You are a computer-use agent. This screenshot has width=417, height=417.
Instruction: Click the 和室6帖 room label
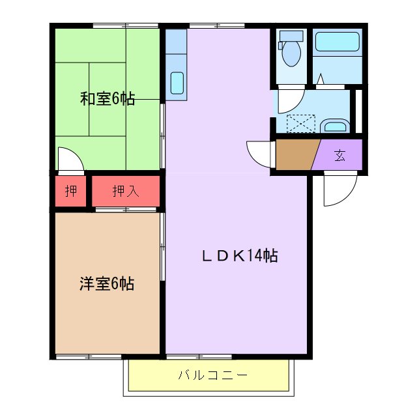(108, 99)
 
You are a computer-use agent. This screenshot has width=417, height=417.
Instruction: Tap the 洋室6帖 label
(108, 284)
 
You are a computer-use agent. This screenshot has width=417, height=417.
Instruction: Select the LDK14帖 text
(238, 256)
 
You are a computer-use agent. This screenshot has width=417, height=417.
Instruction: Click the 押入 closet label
(126, 192)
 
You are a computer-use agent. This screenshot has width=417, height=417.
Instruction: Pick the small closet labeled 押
(70, 192)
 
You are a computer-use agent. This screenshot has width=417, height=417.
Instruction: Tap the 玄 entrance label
(340, 156)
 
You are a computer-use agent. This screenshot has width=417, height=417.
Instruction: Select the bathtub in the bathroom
(338, 44)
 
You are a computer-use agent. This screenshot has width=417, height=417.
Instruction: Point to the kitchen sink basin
(177, 83)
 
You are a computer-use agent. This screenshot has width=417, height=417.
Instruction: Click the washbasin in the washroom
(336, 126)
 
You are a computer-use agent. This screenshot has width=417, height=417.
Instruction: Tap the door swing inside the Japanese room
(70, 160)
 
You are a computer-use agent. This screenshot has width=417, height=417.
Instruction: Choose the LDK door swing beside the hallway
(259, 154)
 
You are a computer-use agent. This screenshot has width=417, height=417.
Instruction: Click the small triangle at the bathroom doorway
(320, 79)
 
